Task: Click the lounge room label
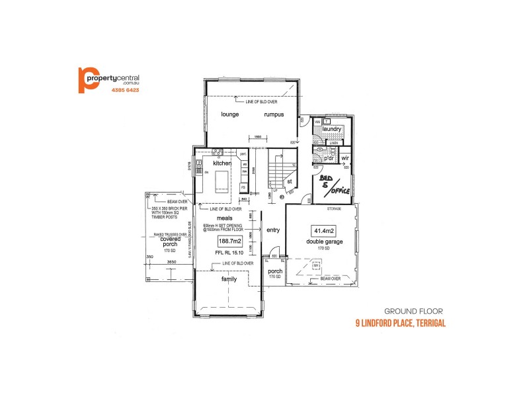[230, 114]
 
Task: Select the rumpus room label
[274, 114]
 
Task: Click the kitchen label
[222, 162]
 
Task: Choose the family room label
[229, 279]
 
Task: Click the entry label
[272, 230]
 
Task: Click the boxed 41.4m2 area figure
[323, 230]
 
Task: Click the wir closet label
[345, 157]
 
